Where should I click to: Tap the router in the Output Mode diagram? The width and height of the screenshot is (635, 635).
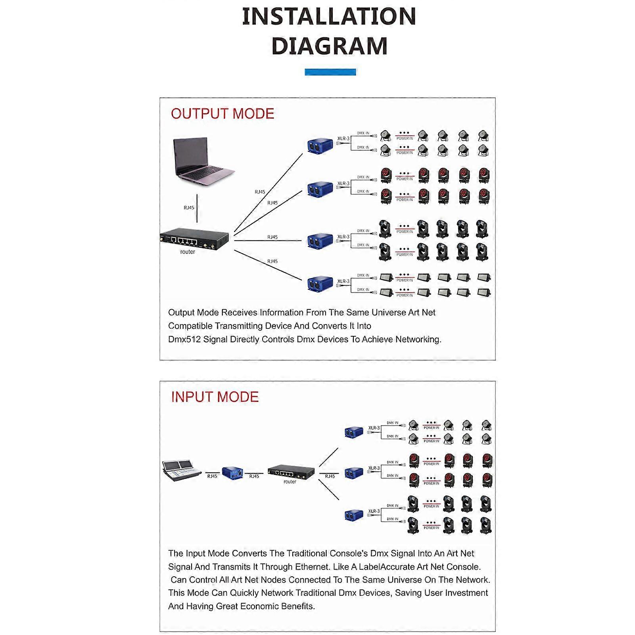pyautogui.click(x=194, y=239)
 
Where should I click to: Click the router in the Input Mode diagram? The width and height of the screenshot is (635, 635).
pyautogui.click(x=291, y=471)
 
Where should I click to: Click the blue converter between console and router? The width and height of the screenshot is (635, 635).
pyautogui.click(x=232, y=472)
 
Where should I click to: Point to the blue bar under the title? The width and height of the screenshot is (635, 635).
pyautogui.click(x=330, y=72)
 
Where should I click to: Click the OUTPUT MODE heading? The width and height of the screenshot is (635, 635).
pyautogui.click(x=223, y=114)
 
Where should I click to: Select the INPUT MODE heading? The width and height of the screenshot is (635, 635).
pyautogui.click(x=215, y=397)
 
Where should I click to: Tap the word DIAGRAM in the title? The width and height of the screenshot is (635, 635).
pyautogui.click(x=329, y=46)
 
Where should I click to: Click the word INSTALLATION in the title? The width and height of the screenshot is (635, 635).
pyautogui.click(x=329, y=17)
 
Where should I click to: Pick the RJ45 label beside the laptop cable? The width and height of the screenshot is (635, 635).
pyautogui.click(x=189, y=208)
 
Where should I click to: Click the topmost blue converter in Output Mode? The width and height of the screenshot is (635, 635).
pyautogui.click(x=320, y=145)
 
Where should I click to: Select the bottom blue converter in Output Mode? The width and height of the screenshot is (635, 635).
pyautogui.click(x=320, y=283)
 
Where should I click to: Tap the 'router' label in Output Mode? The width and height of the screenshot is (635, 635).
pyautogui.click(x=188, y=252)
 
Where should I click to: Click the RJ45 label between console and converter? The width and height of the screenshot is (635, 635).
pyautogui.click(x=212, y=476)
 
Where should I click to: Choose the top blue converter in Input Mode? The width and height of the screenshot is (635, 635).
pyautogui.click(x=353, y=432)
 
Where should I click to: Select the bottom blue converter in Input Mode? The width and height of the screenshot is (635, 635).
pyautogui.click(x=353, y=515)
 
